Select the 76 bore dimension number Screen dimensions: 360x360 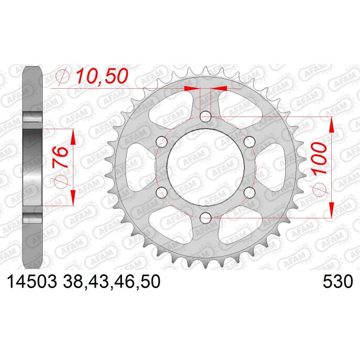coord(60,157)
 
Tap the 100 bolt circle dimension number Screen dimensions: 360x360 coord(319,158)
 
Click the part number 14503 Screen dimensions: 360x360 coord(32,282)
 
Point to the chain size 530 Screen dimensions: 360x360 coord(337,282)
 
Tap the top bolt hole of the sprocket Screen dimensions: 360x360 coord(206,117)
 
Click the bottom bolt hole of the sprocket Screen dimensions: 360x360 coord(206,218)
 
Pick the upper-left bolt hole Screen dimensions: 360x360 coord(162,142)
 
